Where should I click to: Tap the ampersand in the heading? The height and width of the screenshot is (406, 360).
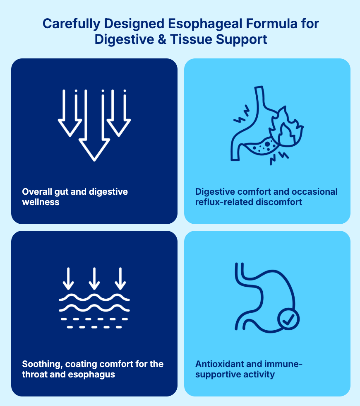click(162, 39)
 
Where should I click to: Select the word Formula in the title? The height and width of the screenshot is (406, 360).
click(271, 24)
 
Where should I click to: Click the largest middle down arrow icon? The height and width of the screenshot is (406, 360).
click(94, 125)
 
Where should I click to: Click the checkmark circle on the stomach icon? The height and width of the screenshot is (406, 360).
click(288, 319)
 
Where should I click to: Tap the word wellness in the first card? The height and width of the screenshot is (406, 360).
click(41, 202)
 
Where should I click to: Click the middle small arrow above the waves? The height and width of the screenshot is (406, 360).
click(94, 278)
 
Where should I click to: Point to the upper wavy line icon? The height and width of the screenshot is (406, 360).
click(94, 297)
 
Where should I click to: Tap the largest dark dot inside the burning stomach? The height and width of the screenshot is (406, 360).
click(267, 144)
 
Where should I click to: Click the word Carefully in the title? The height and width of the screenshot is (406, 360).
click(71, 24)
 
